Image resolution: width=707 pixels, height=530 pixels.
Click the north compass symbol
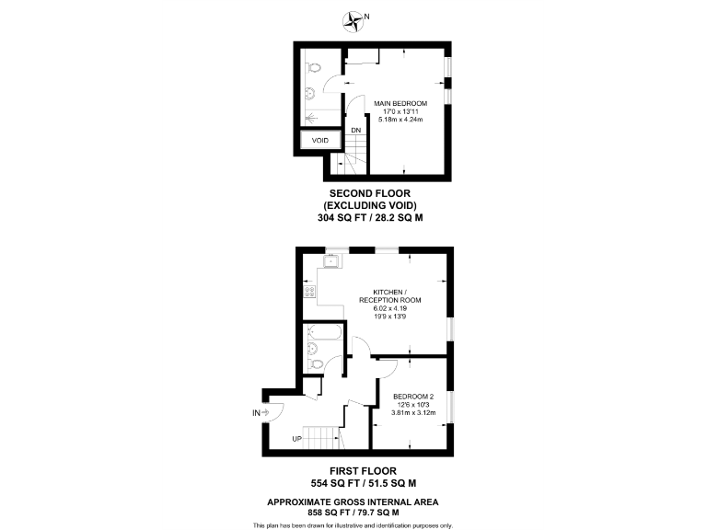[352, 18]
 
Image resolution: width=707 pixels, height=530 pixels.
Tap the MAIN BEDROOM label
[400, 102]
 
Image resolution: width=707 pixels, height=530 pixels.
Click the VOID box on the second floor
[319, 140]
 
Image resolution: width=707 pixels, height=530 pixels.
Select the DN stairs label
[355, 130]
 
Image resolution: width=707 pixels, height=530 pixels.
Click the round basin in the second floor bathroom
[310, 92]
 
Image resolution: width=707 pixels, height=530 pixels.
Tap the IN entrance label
[256, 413]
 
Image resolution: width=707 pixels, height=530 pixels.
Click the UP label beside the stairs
[296, 438]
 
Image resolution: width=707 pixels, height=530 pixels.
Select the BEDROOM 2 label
[412, 397]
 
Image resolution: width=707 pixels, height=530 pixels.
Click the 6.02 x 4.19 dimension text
[389, 308]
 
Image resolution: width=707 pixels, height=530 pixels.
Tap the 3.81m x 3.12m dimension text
[412, 412]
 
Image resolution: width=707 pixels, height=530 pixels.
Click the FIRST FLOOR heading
[353, 470]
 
